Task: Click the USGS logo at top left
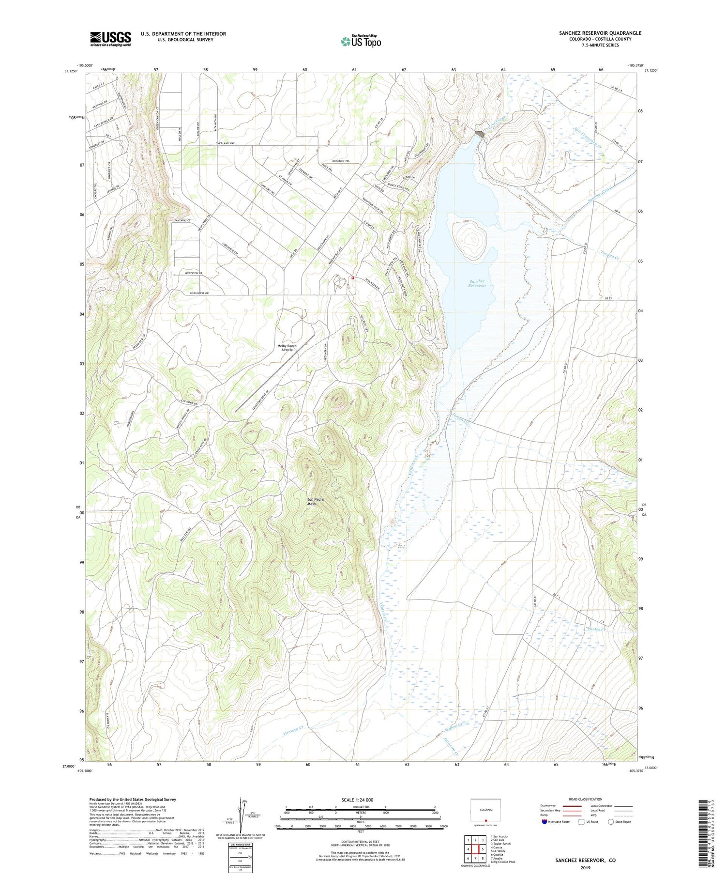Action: click(110, 39)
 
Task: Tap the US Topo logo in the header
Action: click(361, 41)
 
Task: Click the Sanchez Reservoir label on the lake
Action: click(477, 283)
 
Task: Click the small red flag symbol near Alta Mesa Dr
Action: click(353, 278)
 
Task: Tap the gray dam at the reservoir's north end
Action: click(481, 132)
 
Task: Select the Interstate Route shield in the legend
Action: click(545, 821)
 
